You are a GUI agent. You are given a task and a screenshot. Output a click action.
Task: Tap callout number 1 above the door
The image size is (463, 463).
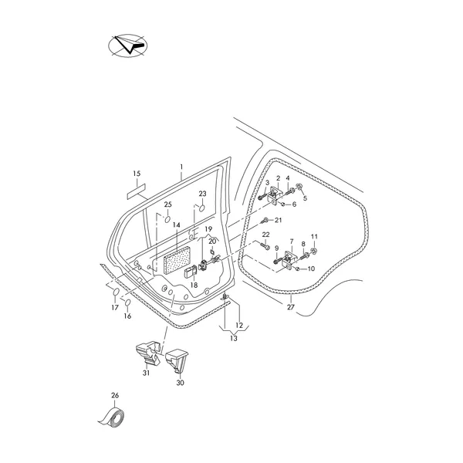(181, 167)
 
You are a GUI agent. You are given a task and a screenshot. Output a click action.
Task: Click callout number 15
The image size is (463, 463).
(137, 173)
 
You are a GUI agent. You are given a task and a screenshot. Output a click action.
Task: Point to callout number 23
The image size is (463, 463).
(203, 194)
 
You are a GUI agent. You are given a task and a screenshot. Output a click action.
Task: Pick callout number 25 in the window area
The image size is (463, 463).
(167, 204)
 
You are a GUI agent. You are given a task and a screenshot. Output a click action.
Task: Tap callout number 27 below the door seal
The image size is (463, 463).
(291, 308)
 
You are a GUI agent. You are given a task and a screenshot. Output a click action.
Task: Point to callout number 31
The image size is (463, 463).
(145, 374)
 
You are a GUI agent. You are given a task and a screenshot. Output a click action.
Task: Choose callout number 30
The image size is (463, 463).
(180, 382)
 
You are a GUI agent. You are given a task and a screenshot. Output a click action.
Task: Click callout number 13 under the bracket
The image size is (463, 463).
(234, 338)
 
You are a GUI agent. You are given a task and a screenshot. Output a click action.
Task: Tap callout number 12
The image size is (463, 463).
(238, 325)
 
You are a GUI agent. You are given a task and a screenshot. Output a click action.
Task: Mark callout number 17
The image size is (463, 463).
(115, 308)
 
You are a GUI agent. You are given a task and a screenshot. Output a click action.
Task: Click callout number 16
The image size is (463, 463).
(128, 316)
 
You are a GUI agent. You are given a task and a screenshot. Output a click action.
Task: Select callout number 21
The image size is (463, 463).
(279, 220)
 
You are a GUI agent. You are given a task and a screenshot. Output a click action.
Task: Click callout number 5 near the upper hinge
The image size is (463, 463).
(304, 198)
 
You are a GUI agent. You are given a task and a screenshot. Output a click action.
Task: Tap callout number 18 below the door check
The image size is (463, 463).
(194, 286)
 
